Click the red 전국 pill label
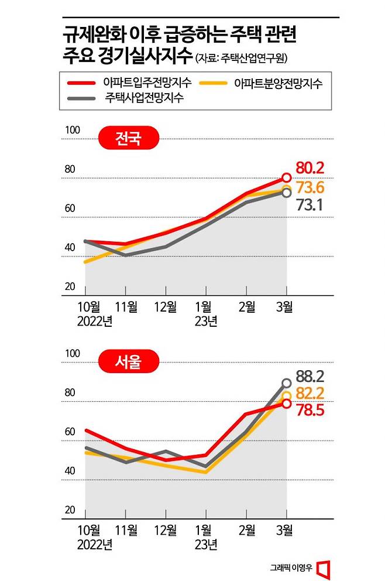click(128, 139)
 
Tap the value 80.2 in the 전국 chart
click(310, 168)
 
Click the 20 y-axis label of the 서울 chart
click(70, 510)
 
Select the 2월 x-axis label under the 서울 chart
click(246, 531)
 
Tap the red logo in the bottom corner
click(324, 568)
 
